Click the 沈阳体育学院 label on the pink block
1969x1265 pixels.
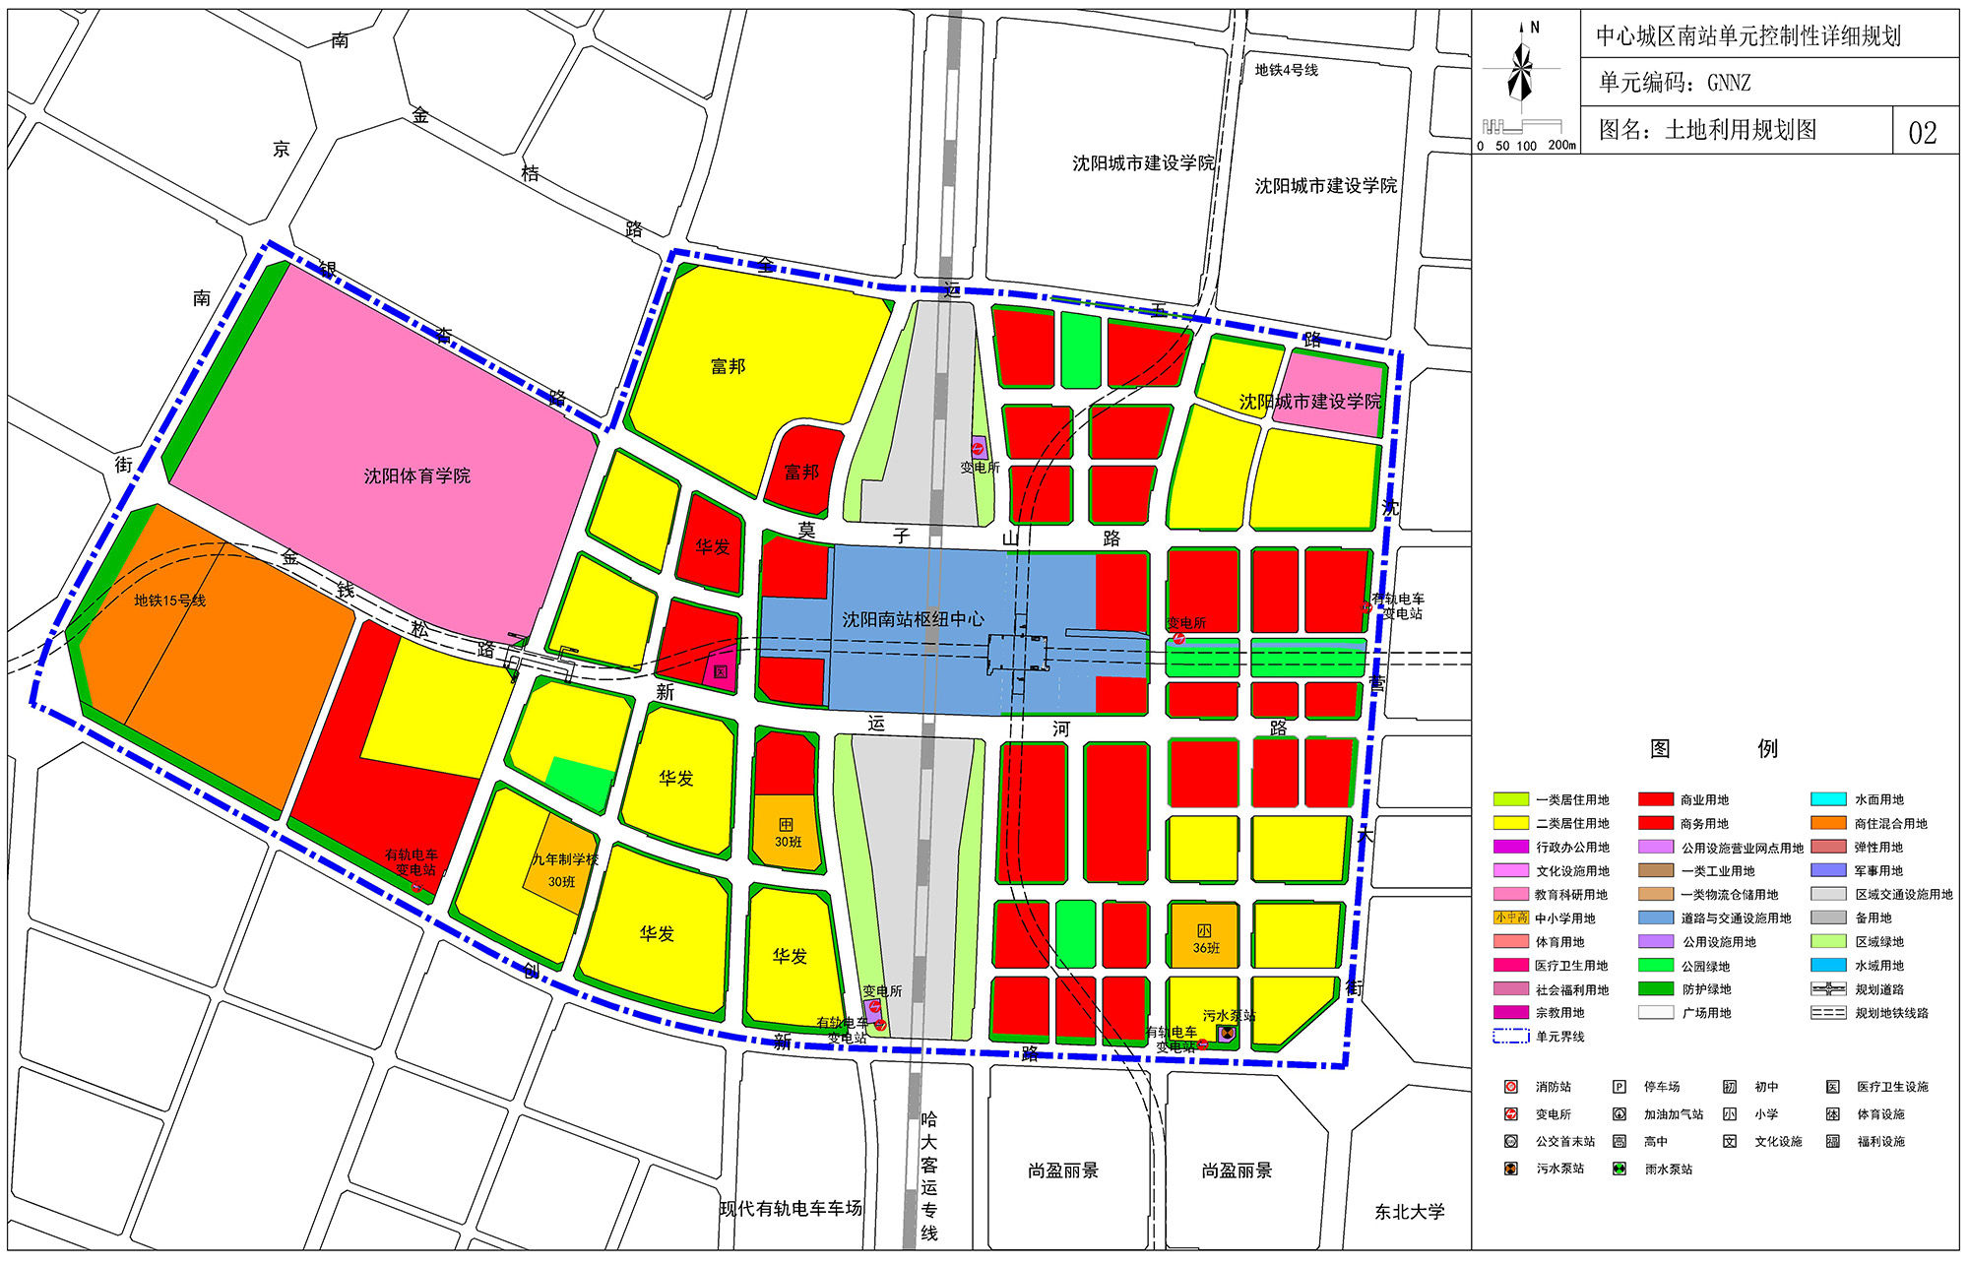(x=416, y=476)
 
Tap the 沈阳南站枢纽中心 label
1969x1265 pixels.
(x=913, y=619)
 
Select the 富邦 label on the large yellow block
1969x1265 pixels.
(x=728, y=366)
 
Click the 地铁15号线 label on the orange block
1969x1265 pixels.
(x=169, y=601)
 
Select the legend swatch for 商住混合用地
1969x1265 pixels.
(x=1828, y=823)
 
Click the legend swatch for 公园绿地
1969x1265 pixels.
(x=1656, y=966)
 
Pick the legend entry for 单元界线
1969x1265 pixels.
(x=1510, y=1036)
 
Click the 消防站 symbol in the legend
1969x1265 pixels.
(x=1511, y=1087)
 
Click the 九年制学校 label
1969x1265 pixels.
(x=565, y=859)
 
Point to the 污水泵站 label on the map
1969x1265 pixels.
(x=1229, y=1015)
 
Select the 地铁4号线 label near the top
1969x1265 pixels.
(x=1286, y=70)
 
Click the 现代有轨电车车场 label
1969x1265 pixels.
(x=791, y=1208)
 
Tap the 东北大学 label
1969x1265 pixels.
(x=1409, y=1212)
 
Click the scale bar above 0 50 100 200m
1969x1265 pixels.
(x=1522, y=126)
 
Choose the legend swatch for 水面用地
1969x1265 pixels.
(x=1828, y=799)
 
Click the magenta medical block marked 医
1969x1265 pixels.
(x=721, y=670)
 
